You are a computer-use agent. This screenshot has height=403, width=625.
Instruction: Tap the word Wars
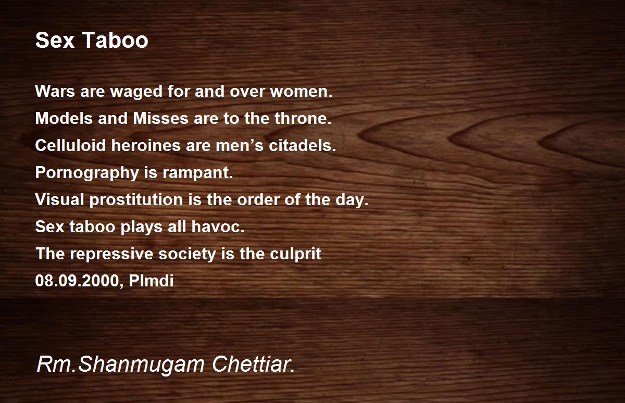pyautogui.click(x=55, y=91)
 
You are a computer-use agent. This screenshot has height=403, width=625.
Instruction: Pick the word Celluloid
pyautogui.click(x=70, y=145)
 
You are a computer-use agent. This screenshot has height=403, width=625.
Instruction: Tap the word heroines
pyautogui.click(x=146, y=145)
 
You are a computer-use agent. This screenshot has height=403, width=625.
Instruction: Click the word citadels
pyautogui.click(x=303, y=145)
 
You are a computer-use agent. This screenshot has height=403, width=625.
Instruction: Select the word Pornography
pyautogui.click(x=87, y=173)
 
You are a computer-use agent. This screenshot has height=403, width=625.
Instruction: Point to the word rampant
pyautogui.click(x=197, y=173)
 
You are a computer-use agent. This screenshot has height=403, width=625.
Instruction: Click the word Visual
pyautogui.click(x=60, y=199)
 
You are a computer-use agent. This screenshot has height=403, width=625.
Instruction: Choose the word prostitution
pyautogui.click(x=136, y=200)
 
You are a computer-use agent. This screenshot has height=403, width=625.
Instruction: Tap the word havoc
pyautogui.click(x=218, y=226)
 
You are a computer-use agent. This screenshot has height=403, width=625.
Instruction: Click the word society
pyautogui.click(x=187, y=254)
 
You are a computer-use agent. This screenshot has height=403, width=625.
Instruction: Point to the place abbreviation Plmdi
pyautogui.click(x=151, y=281)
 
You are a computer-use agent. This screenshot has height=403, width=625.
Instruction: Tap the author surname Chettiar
pyautogui.click(x=253, y=364)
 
